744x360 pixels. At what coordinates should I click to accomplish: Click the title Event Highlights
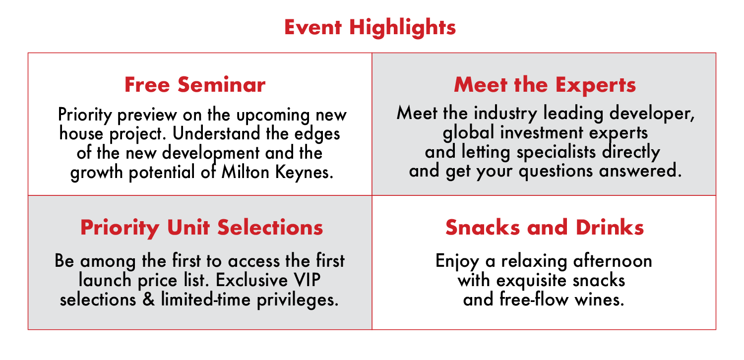coord(370,28)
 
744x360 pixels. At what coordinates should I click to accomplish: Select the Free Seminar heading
coord(195,85)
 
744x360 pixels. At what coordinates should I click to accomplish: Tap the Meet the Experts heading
coord(545,85)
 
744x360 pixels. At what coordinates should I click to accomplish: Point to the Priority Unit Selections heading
coord(201,228)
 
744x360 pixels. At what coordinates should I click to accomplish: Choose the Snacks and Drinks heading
coord(545,228)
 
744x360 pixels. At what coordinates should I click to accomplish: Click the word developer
coord(652,114)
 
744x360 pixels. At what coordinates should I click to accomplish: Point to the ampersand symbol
coord(149,300)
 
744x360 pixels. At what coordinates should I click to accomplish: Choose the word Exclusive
coord(251,280)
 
